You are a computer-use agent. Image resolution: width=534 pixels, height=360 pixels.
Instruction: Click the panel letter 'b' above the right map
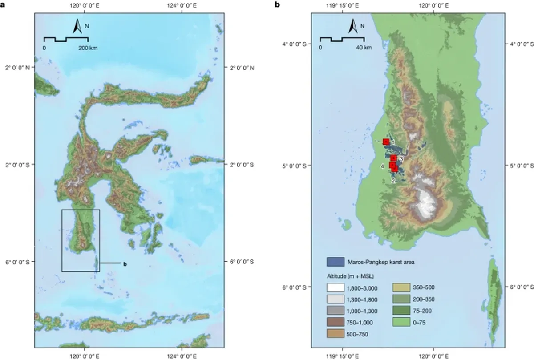[277, 5]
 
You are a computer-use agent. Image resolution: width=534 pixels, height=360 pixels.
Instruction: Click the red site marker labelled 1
[386, 142]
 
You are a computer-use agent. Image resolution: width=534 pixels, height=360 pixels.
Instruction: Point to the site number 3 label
[401, 158]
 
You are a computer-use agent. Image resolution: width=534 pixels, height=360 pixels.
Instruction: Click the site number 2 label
[393, 181]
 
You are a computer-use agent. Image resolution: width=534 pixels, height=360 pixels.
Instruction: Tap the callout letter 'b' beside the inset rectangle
[125, 264]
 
